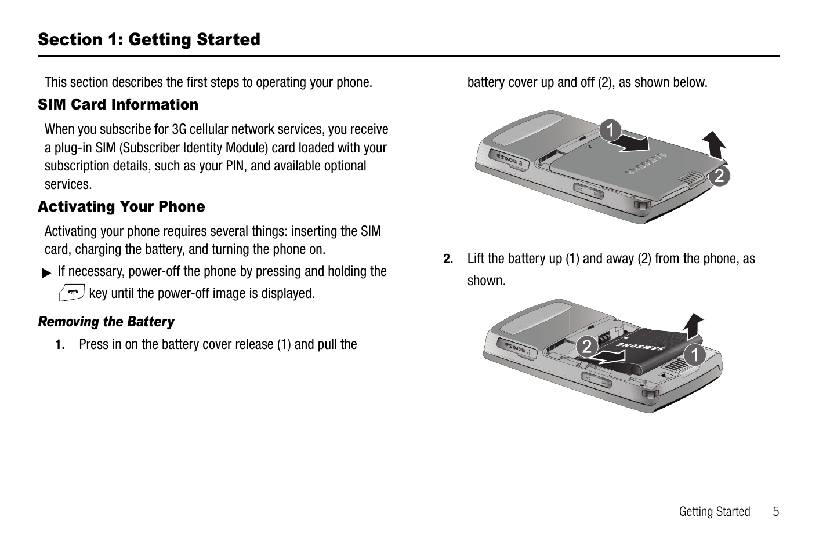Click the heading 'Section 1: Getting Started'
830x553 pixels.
tap(149, 39)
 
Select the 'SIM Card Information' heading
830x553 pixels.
tap(118, 104)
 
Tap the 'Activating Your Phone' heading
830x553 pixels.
tap(121, 206)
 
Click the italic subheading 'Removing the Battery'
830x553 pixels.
tap(106, 322)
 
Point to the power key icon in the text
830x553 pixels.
tap(73, 293)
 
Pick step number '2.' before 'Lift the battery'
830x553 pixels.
tap(448, 259)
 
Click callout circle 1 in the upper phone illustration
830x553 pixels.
tap(610, 130)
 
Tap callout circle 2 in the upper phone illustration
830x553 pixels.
tap(719, 175)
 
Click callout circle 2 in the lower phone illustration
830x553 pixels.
tap(587, 347)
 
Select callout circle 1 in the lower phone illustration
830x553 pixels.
tap(694, 354)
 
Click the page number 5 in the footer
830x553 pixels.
tap(775, 511)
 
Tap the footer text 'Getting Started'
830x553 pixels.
tap(714, 511)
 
